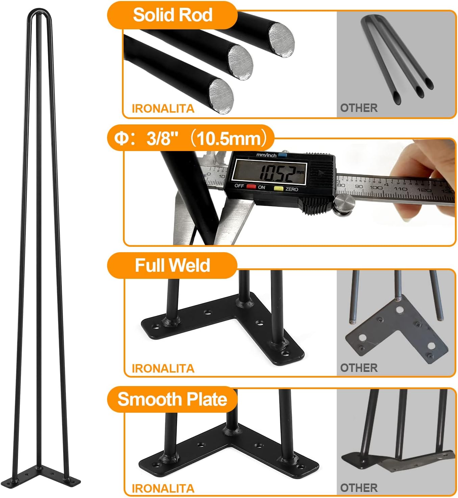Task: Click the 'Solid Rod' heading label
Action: [x=172, y=15]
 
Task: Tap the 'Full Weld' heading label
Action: [x=172, y=265]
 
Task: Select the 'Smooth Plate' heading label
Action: [x=172, y=400]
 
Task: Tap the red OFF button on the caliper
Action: [x=251, y=186]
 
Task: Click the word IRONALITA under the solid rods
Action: [x=163, y=109]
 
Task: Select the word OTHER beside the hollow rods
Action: [x=359, y=108]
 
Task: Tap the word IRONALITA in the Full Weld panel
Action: [x=163, y=368]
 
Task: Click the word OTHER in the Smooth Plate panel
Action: [x=359, y=488]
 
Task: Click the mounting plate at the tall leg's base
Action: [x=51, y=475]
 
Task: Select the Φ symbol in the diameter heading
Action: [x=121, y=139]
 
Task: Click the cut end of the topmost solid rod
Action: [x=281, y=37]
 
